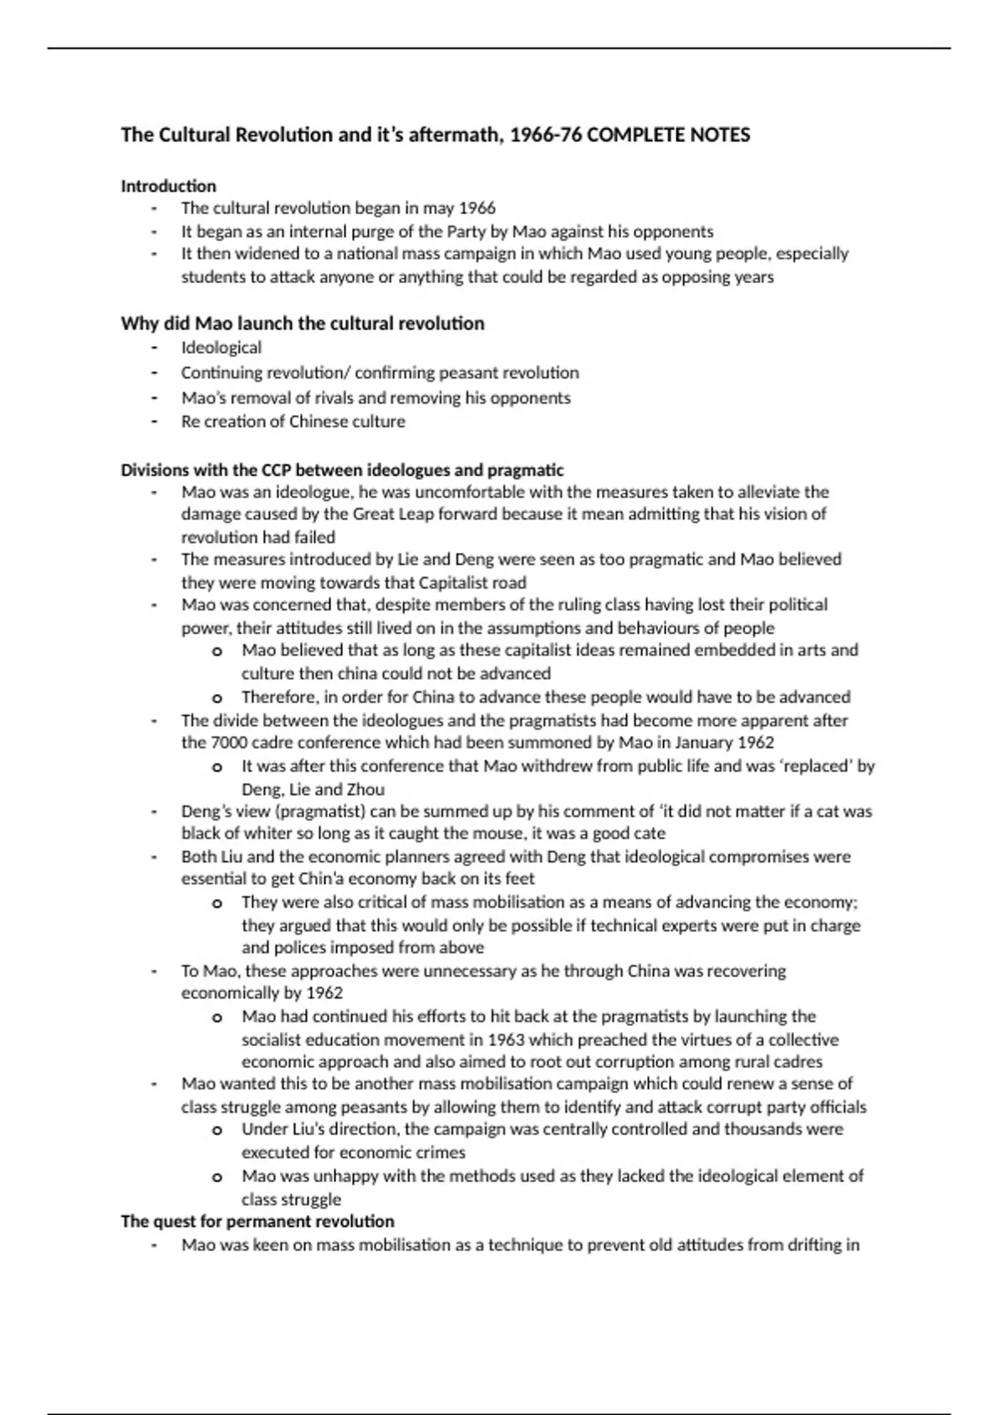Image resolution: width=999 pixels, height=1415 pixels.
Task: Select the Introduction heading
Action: (x=168, y=186)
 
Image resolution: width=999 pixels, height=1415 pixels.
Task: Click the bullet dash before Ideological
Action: (x=154, y=348)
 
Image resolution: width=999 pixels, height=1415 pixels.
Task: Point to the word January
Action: (x=703, y=742)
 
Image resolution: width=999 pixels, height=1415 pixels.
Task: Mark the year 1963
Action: (x=506, y=1040)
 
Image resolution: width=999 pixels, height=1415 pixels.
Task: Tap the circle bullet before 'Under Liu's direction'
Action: (x=217, y=1130)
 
